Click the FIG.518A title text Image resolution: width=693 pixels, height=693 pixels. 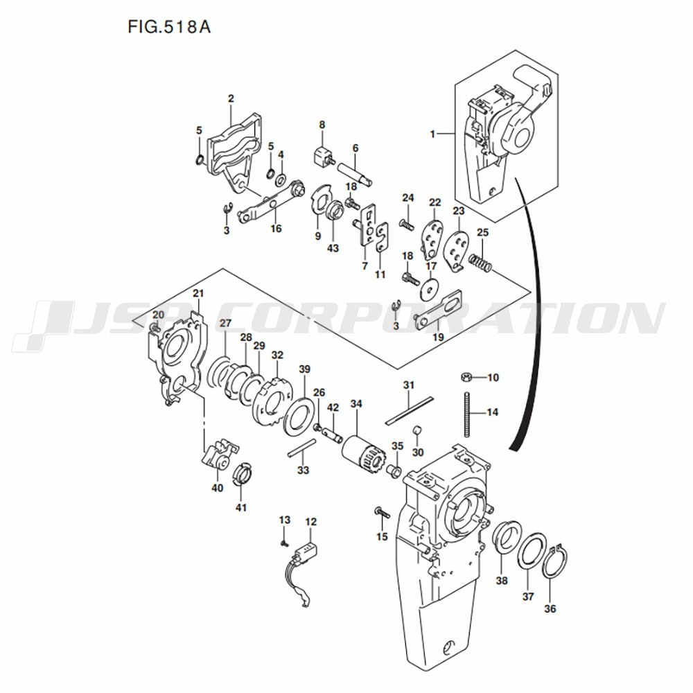(169, 28)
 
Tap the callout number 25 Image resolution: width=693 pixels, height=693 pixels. (482, 232)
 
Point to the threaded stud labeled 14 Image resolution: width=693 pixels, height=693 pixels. (466, 414)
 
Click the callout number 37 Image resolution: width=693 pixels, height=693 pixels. (528, 596)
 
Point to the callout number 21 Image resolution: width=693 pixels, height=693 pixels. (198, 293)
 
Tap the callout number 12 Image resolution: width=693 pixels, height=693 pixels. (310, 522)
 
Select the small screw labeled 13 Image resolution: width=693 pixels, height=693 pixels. (285, 543)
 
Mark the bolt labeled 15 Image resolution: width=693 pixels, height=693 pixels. (382, 513)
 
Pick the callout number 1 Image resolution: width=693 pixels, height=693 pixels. (432, 134)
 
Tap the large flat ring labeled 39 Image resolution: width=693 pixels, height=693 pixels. (299, 416)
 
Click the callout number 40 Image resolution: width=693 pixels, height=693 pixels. (218, 488)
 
